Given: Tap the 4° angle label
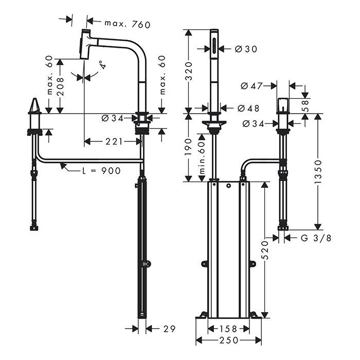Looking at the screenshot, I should [103, 65].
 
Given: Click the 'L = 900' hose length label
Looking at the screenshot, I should [101, 170].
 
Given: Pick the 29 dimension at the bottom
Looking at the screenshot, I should [169, 327].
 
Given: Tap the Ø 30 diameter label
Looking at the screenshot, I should [245, 49].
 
